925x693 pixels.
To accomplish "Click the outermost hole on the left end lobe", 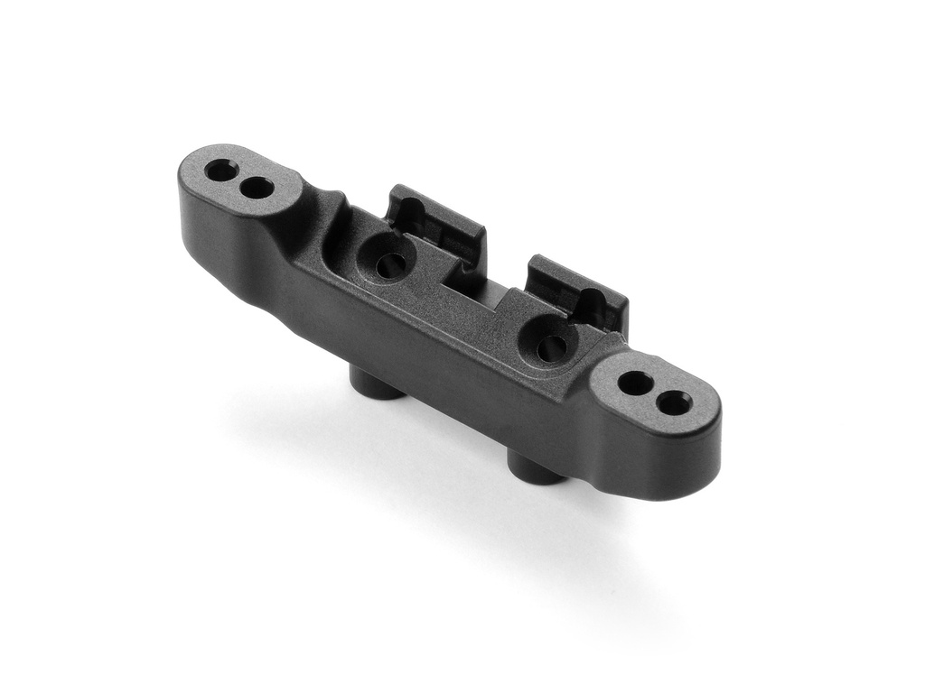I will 221,169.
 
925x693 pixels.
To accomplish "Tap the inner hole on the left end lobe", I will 257,188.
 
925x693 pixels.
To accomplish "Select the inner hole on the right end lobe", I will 635,383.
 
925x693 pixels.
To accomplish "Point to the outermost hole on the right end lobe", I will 674,402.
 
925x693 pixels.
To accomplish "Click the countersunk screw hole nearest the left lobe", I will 389,264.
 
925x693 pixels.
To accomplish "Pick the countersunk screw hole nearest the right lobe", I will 550,347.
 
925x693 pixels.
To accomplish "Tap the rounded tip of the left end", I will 185,180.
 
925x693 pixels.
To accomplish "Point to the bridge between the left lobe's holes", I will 239,178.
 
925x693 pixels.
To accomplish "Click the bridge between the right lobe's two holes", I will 654,392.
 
